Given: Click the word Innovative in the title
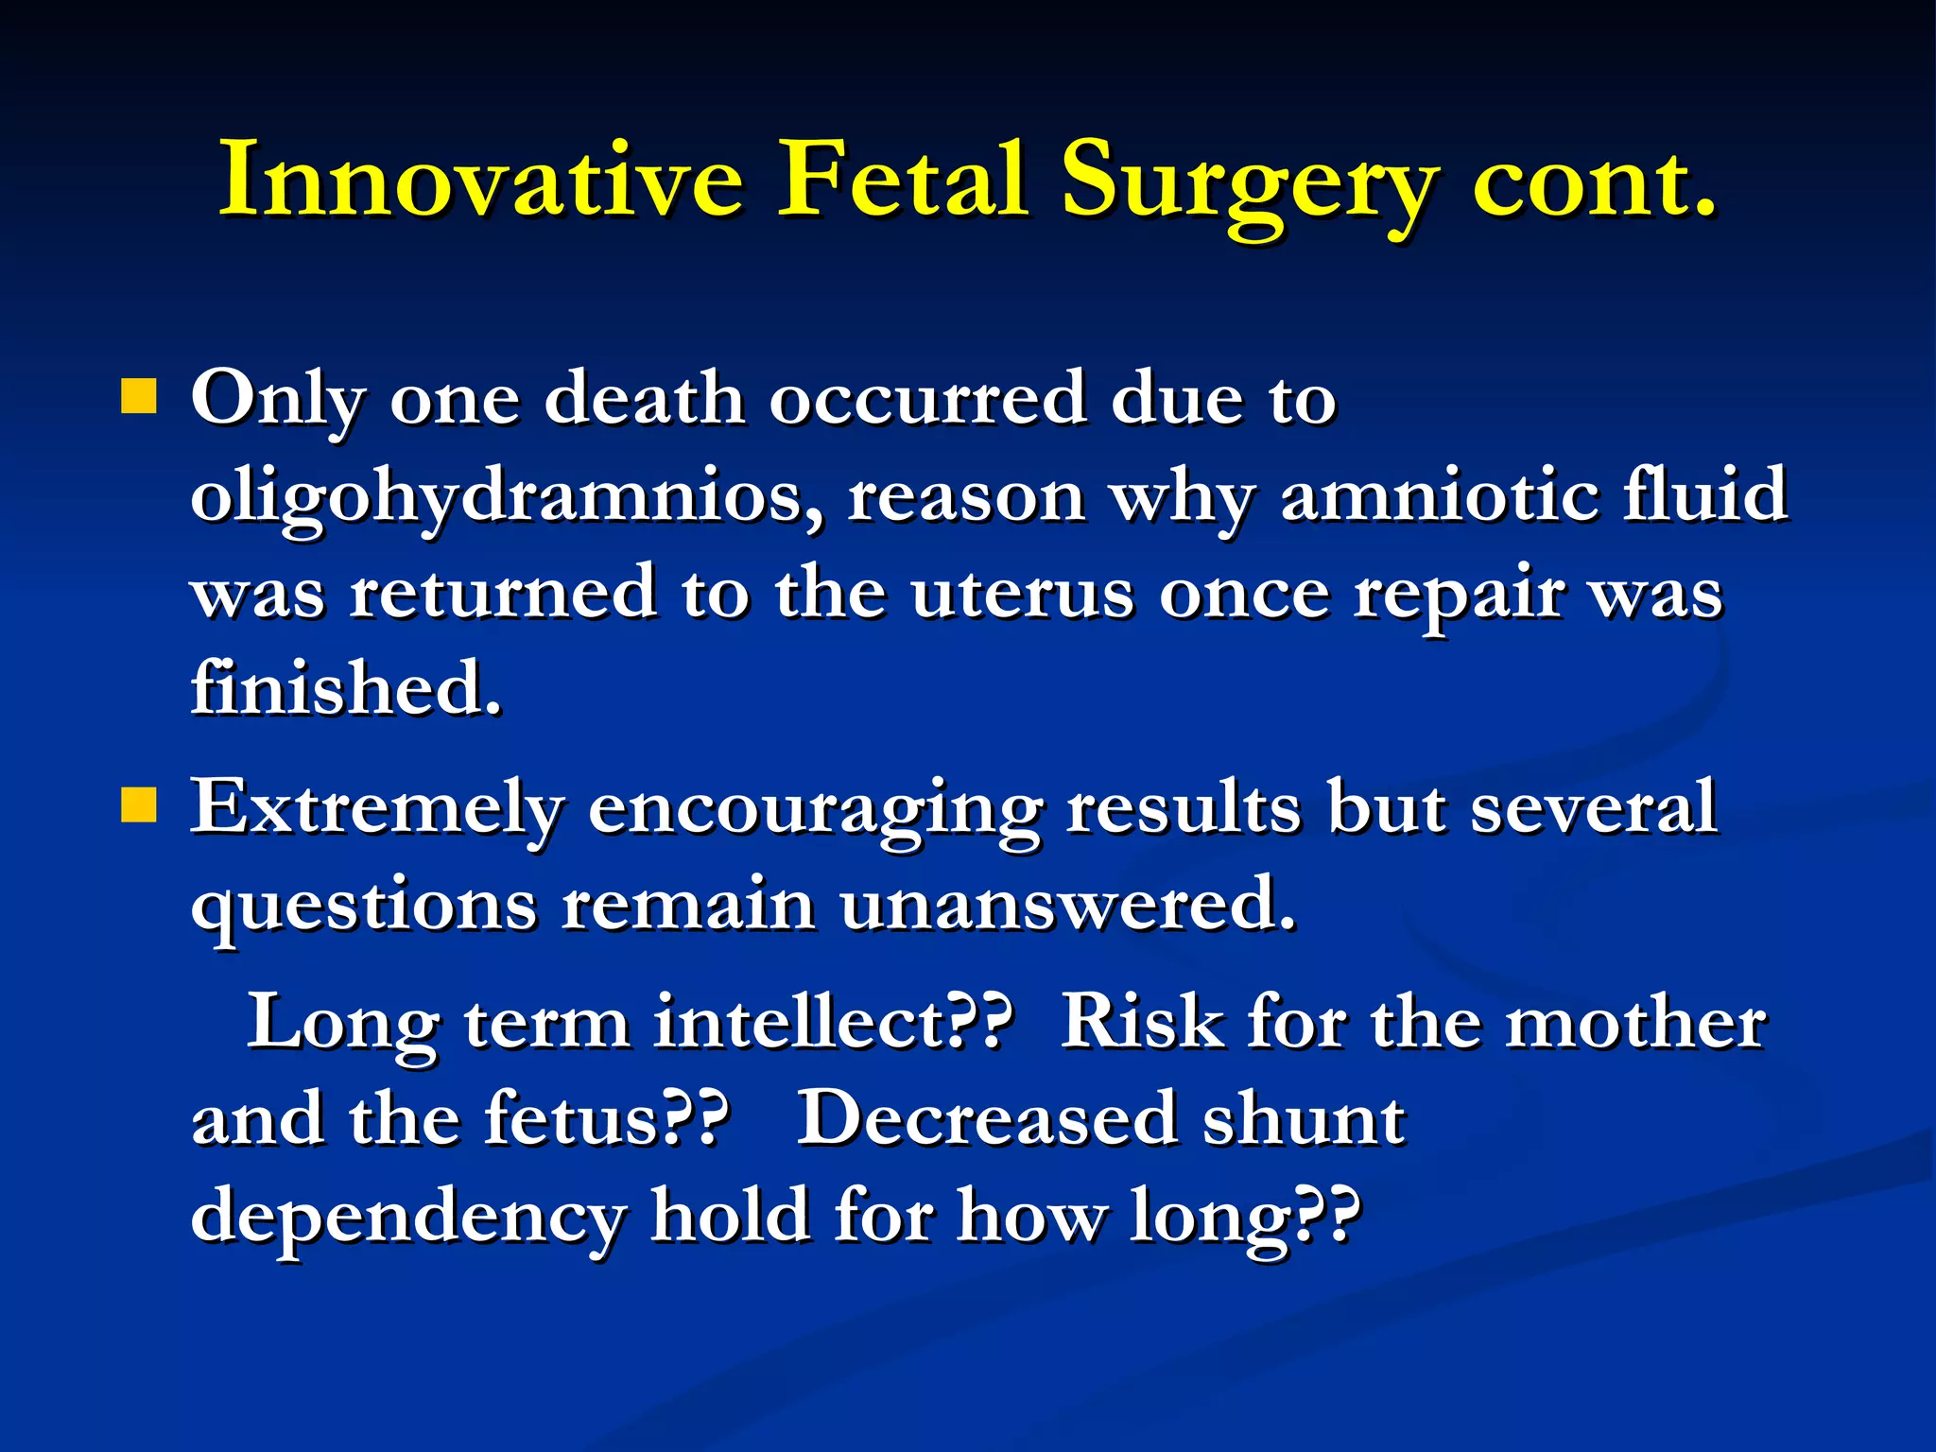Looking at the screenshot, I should coord(481,180).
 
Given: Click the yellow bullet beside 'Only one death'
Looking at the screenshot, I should coord(138,397).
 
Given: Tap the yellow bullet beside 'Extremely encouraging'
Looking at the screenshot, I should coord(138,806).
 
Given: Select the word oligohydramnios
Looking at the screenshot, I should coord(506,499).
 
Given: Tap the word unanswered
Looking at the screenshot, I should coord(1068,905).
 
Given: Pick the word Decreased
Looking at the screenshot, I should coord(988,1119).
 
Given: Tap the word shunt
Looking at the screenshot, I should coord(1304,1119).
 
